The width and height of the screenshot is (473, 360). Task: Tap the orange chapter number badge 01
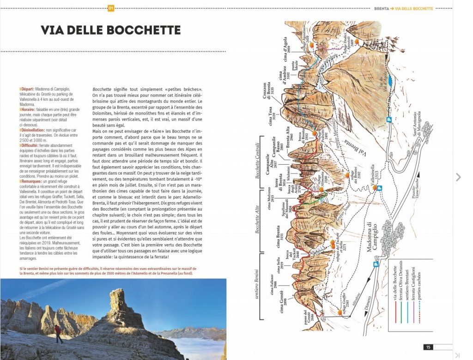tap(111, 8)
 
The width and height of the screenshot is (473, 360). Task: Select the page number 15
tap(428, 348)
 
